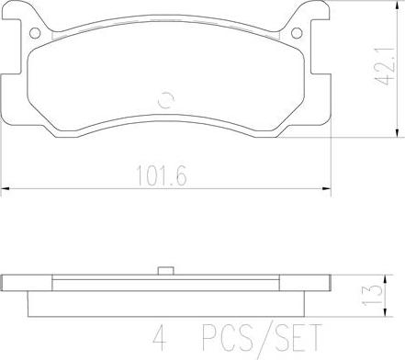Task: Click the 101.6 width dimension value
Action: point(162,175)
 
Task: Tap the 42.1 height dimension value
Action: point(385,66)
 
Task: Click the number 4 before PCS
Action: point(160,337)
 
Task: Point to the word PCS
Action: point(227,337)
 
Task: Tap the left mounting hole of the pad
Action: point(35,33)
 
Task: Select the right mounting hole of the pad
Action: point(297,33)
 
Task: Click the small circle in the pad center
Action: point(166,100)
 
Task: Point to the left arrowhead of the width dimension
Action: point(6,189)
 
